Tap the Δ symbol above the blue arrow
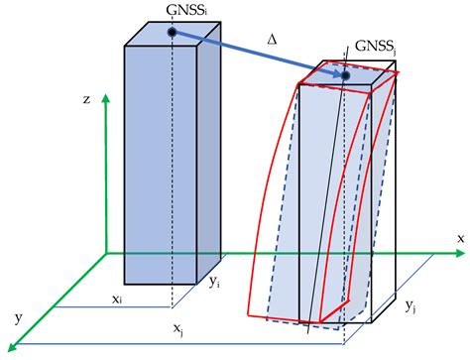(x=272, y=39)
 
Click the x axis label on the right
(x=460, y=238)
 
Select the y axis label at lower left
(x=19, y=317)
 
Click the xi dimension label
(x=117, y=297)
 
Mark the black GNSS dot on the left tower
(x=172, y=33)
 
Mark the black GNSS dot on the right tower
(x=345, y=75)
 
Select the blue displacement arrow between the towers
(x=258, y=55)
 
